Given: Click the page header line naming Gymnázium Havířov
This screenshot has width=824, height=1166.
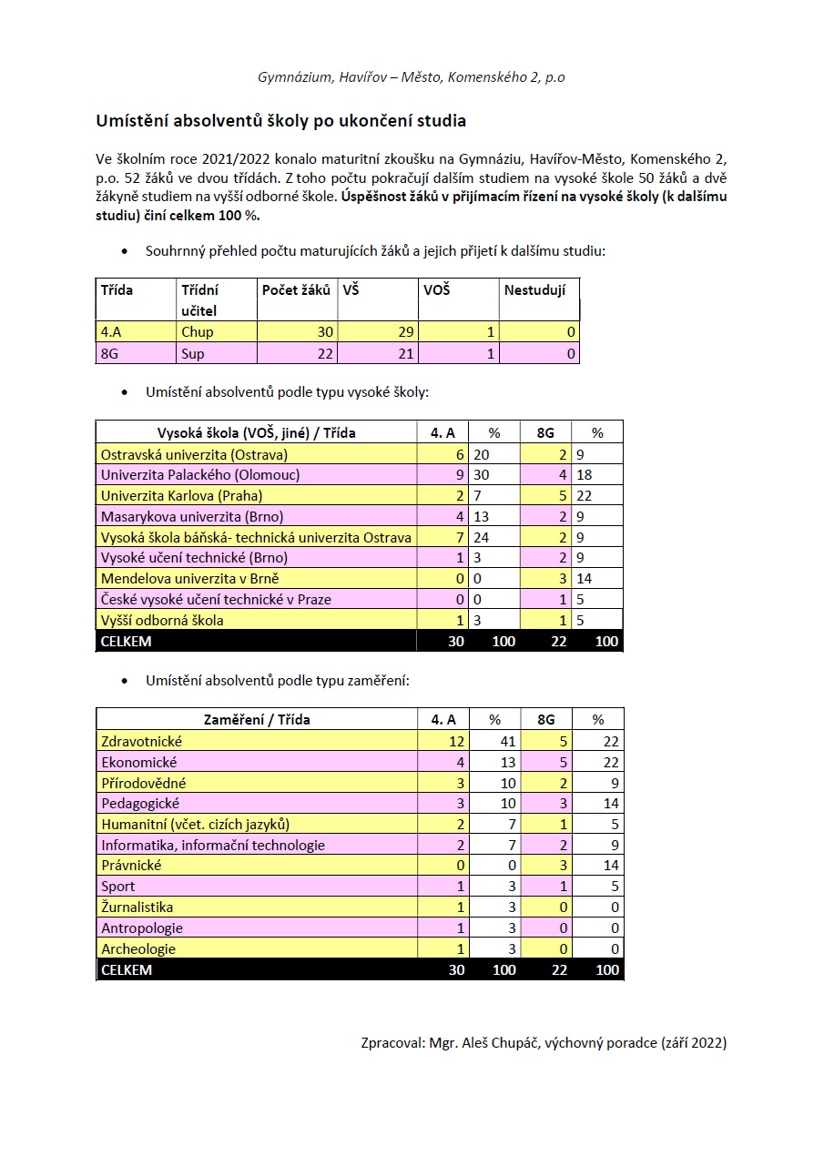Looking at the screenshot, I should point(412,77).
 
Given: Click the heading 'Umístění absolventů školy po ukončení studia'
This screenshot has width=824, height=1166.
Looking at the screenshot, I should point(281,121).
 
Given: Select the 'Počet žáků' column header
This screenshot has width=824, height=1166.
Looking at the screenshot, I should point(296,290).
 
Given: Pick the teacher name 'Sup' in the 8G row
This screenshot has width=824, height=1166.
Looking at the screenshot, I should point(192,354).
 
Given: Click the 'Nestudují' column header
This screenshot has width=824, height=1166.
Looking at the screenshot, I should point(534,290).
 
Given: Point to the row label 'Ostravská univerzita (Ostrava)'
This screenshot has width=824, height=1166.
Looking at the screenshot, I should point(194,454).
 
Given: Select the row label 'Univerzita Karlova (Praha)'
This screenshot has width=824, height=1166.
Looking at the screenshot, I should point(181,496).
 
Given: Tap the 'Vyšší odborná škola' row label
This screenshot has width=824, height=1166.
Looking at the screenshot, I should point(162,621).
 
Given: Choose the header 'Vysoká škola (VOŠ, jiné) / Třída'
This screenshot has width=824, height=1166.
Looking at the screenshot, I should point(256,433).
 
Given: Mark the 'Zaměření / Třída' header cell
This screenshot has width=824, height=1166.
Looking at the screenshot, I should point(256,720).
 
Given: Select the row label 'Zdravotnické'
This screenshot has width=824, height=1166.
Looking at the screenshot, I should point(141,742).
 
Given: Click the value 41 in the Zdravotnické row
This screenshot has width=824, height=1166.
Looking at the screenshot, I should point(508,742).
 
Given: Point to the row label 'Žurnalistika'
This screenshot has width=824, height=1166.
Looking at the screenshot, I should point(137,907).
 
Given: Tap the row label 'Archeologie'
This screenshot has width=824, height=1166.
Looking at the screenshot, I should point(138,949).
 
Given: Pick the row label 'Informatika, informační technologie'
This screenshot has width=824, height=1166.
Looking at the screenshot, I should point(213,846).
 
